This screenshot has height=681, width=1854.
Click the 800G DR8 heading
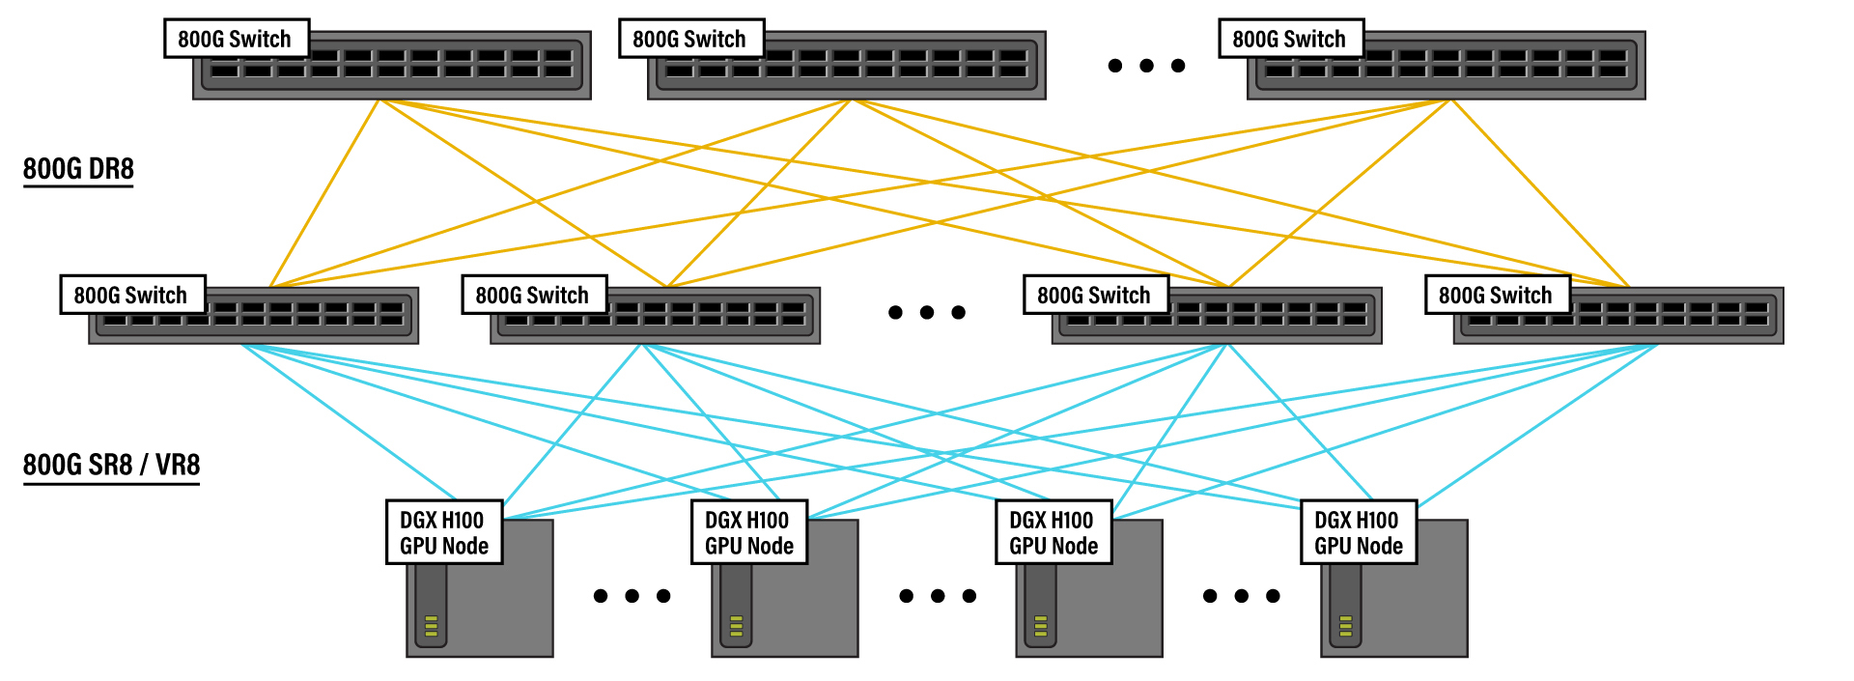(x=78, y=169)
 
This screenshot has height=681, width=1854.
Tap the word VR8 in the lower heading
(x=178, y=465)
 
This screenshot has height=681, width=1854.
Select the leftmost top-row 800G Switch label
(x=236, y=39)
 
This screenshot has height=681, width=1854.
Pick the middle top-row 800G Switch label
(x=690, y=39)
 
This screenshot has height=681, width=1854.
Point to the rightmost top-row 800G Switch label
(x=1290, y=39)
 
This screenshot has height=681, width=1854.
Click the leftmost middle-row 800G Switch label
(x=132, y=295)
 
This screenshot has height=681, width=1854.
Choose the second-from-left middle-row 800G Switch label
(x=533, y=295)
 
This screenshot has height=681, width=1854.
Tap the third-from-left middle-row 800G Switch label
(x=1095, y=295)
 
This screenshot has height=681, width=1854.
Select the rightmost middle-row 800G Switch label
(x=1497, y=295)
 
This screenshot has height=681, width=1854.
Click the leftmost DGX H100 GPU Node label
(x=444, y=532)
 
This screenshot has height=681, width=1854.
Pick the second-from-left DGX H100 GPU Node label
(x=749, y=532)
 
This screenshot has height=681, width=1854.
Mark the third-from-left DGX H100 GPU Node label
(x=1053, y=532)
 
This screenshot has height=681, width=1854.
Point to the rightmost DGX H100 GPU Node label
(x=1359, y=532)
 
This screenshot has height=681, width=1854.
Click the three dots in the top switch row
(x=1146, y=66)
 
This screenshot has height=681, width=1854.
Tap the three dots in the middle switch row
(x=927, y=312)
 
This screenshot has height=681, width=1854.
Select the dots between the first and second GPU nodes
(x=632, y=596)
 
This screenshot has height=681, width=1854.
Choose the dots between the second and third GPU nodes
(x=938, y=596)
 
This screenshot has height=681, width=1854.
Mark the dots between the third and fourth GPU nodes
(x=1242, y=596)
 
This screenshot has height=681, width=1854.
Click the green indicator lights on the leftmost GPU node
(x=432, y=626)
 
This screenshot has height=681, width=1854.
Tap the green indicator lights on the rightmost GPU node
(x=1346, y=626)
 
